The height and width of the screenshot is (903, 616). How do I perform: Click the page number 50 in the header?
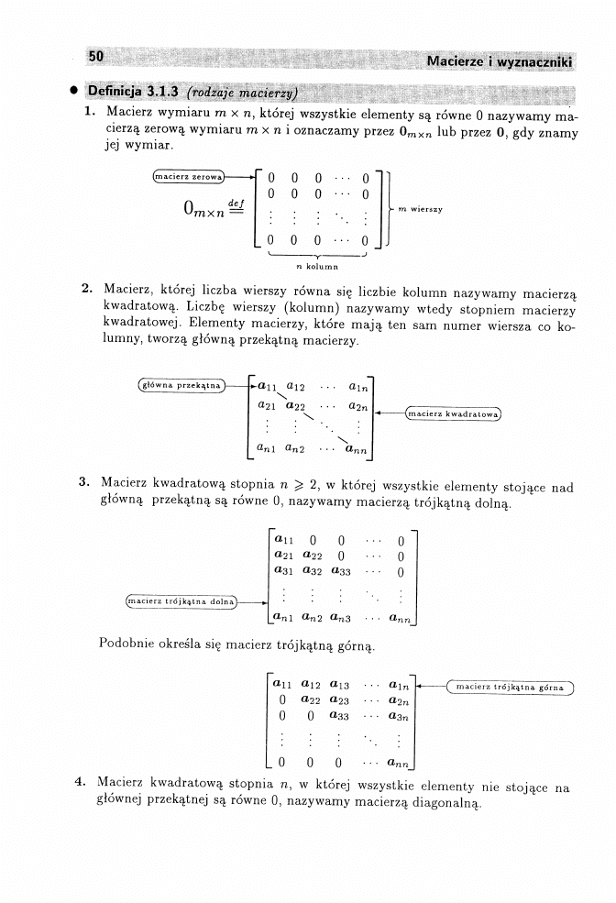click(96, 58)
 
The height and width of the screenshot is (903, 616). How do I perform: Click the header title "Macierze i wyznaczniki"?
click(500, 61)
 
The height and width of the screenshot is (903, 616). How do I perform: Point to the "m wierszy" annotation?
click(422, 209)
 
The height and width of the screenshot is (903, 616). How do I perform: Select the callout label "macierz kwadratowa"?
click(454, 413)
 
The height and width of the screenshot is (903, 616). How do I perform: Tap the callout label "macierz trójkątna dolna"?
click(181, 601)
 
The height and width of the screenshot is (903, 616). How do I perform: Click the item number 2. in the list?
click(87, 289)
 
